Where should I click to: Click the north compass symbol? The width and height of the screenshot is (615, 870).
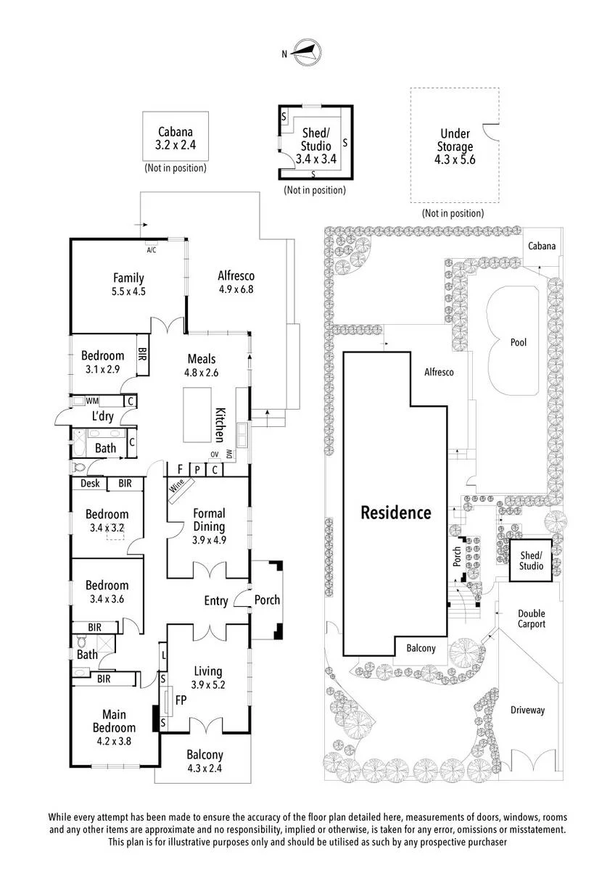coord(307,52)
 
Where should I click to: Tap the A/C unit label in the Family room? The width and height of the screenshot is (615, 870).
coord(151,250)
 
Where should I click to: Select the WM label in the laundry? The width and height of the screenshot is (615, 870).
coord(92,400)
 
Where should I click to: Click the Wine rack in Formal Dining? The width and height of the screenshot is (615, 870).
coord(181,490)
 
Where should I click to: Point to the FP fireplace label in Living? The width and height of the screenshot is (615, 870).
coord(181,700)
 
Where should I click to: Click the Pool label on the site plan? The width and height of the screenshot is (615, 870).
coord(519,342)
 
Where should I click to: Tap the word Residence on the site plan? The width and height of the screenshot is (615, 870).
coord(395,513)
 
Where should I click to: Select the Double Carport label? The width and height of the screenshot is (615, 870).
coord(531,618)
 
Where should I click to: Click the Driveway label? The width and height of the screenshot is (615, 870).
coord(527,710)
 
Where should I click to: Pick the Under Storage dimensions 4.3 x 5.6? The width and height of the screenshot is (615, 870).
coord(455,159)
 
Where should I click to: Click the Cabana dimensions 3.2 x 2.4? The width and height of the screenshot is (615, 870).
coord(176,145)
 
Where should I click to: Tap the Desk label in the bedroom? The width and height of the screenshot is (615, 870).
coord(90,483)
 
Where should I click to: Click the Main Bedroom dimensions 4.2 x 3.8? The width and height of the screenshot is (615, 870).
coord(114,741)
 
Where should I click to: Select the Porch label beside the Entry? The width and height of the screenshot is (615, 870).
coord(267,600)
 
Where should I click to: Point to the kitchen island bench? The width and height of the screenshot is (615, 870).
coord(197,415)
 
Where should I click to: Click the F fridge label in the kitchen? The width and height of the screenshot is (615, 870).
coord(180,470)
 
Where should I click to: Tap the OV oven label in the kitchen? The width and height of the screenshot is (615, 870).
coord(215,454)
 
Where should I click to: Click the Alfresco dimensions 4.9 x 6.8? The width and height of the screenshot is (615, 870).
coord(236,289)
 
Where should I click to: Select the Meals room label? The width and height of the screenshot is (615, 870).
coord(201,358)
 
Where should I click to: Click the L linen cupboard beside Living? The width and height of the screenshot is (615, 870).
coord(164,656)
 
